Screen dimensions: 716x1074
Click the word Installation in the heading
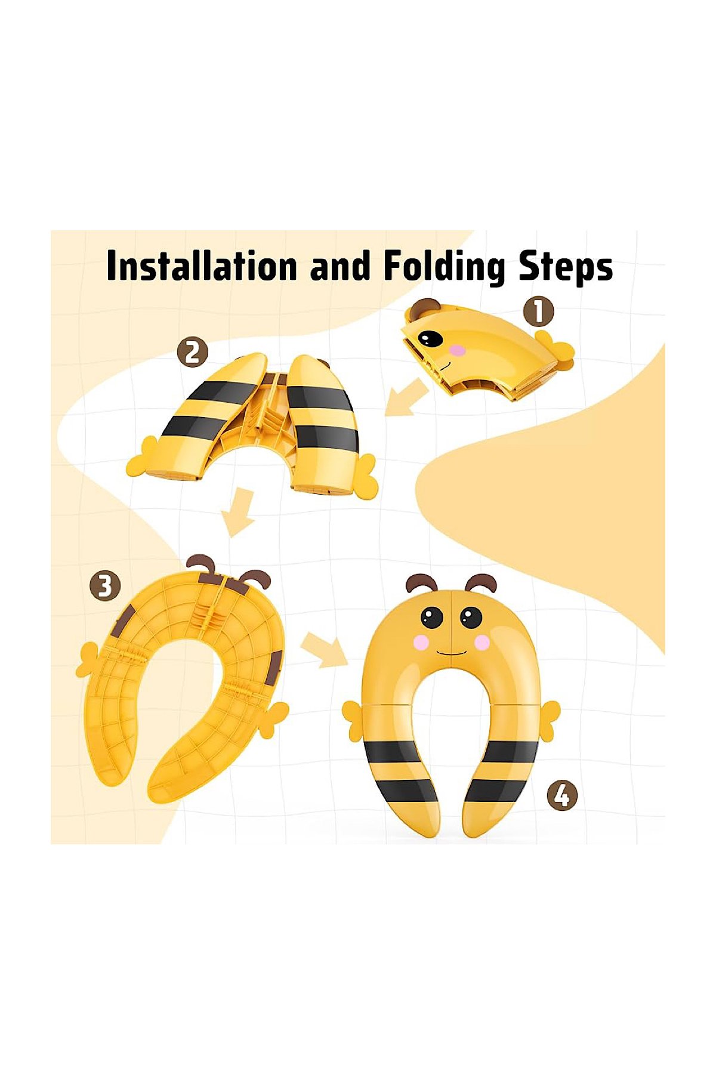tap(202, 266)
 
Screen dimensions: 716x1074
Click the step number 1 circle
tap(538, 311)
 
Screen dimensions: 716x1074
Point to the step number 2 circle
tap(192, 353)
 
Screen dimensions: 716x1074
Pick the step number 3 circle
tap(105, 586)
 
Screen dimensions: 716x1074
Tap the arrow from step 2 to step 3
tap(239, 512)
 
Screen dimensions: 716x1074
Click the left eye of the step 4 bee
tap(432, 617)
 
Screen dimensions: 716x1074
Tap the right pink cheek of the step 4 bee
tap(481, 642)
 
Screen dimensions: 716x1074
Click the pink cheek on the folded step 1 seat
tap(456, 350)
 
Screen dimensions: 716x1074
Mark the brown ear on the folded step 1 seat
tap(426, 308)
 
